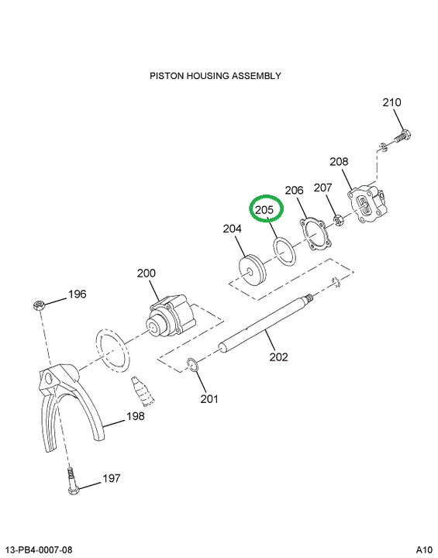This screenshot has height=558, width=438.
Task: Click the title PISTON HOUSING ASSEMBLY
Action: pyautogui.click(x=215, y=76)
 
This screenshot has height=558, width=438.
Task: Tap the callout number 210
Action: pyautogui.click(x=391, y=102)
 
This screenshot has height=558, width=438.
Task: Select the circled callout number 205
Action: pyautogui.click(x=264, y=209)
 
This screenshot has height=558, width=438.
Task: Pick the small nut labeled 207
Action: pyautogui.click(x=339, y=220)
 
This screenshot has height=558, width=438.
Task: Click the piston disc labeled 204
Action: pyautogui.click(x=252, y=270)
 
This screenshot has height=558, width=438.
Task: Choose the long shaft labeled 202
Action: pyautogui.click(x=264, y=323)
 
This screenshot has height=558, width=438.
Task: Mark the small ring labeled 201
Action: pyautogui.click(x=193, y=365)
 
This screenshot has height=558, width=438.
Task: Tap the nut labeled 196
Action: pyautogui.click(x=39, y=305)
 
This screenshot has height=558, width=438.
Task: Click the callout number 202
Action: pyautogui.click(x=278, y=356)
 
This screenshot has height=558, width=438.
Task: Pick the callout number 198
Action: pyautogui.click(x=136, y=416)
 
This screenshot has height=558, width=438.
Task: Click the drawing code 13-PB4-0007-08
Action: pyautogui.click(x=40, y=550)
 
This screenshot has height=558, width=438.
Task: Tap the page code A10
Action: pyautogui.click(x=424, y=550)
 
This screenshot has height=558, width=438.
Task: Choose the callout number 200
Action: pyautogui.click(x=147, y=274)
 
